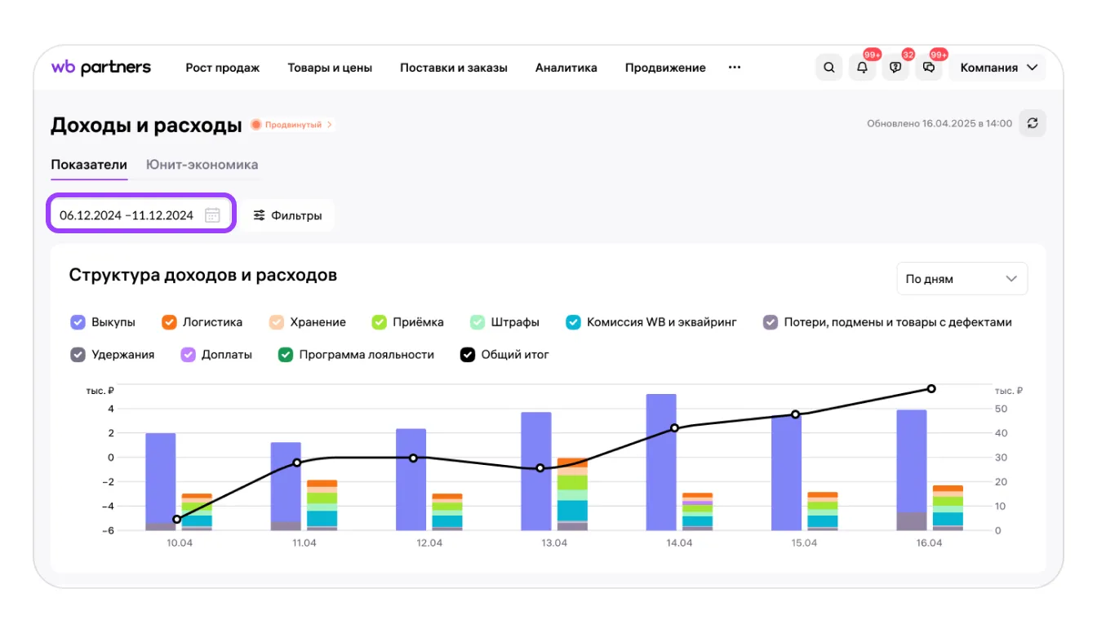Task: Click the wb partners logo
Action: pyautogui.click(x=101, y=67)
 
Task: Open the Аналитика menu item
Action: pyautogui.click(x=566, y=68)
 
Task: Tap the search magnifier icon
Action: pyautogui.click(x=828, y=68)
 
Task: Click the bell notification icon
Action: pyautogui.click(x=862, y=68)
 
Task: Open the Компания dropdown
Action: pyautogui.click(x=997, y=68)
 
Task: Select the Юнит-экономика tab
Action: pyautogui.click(x=202, y=165)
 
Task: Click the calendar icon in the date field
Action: pyautogui.click(x=212, y=215)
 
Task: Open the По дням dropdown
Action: pyautogui.click(x=962, y=278)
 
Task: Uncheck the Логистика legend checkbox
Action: pyautogui.click(x=169, y=322)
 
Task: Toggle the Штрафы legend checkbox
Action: pyautogui.click(x=477, y=322)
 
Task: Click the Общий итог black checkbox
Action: pyautogui.click(x=467, y=355)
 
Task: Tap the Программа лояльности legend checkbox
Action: pyautogui.click(x=285, y=355)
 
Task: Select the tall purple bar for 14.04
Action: pyautogui.click(x=661, y=463)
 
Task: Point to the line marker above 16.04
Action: pyautogui.click(x=931, y=389)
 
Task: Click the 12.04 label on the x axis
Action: pyautogui.click(x=429, y=543)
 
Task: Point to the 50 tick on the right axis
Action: pyautogui.click(x=1001, y=409)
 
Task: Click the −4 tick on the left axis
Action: pyautogui.click(x=108, y=506)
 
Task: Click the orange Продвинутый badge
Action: pyautogui.click(x=292, y=125)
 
